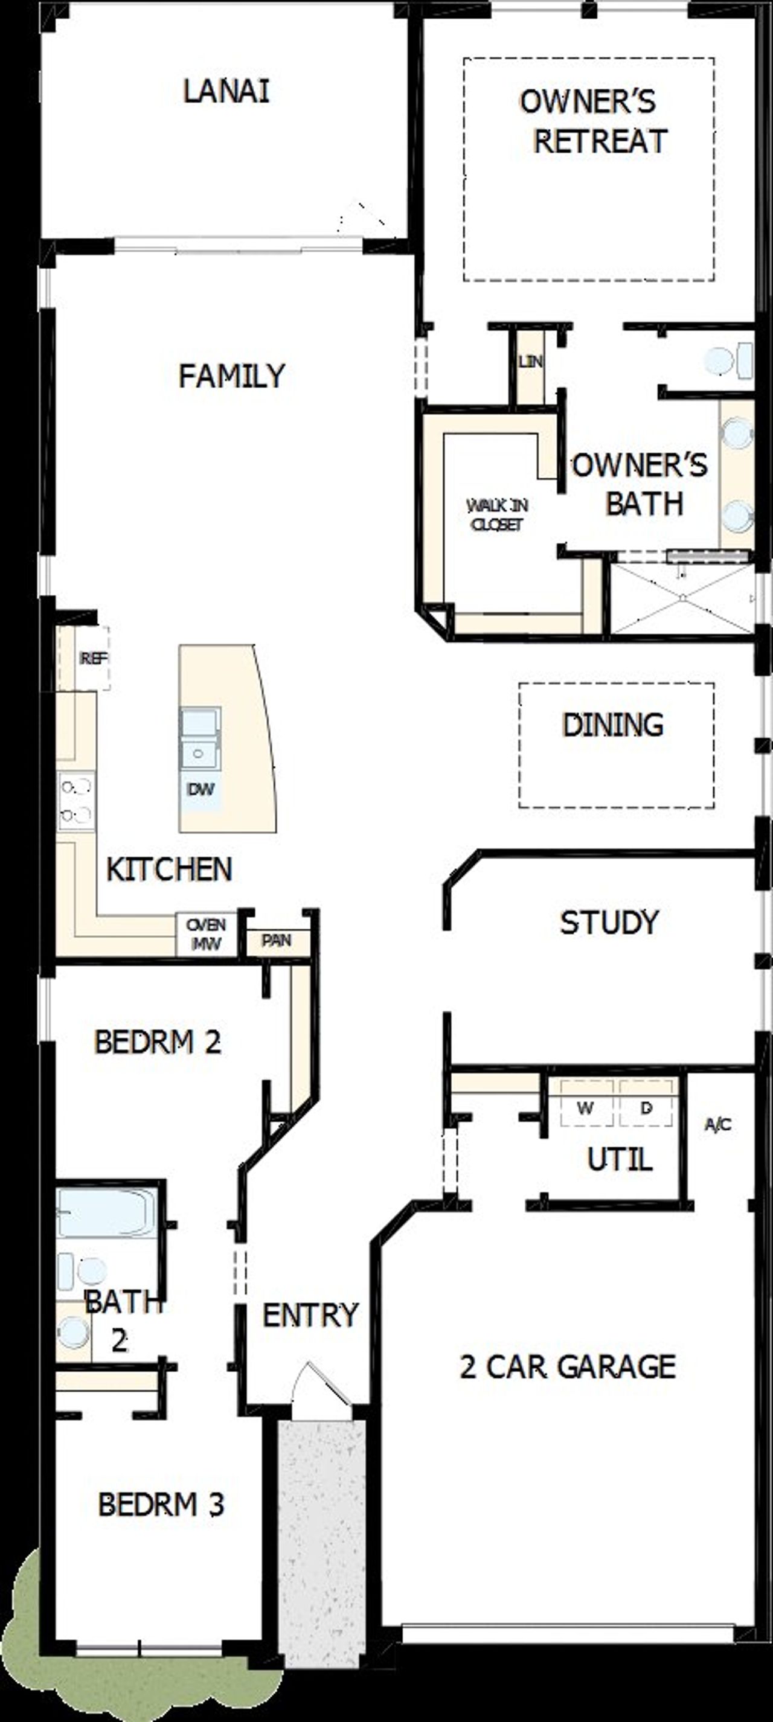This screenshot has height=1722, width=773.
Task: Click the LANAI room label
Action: [226, 92]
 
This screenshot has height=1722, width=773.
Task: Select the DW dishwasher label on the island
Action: [200, 789]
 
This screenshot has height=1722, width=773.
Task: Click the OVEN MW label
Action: [206, 934]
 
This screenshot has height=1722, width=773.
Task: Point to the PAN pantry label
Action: [276, 941]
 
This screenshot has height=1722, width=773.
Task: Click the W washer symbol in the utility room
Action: [586, 1109]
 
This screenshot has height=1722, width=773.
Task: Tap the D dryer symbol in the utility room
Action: [646, 1109]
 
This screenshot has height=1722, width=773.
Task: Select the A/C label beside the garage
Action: [718, 1124]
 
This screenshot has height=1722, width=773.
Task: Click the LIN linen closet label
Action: [530, 362]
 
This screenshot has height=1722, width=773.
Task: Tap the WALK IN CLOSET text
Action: [497, 514]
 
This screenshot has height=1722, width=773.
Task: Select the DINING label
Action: [612, 725]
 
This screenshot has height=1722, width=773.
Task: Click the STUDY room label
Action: [609, 923]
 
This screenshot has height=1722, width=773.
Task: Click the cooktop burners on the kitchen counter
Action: [75, 801]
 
